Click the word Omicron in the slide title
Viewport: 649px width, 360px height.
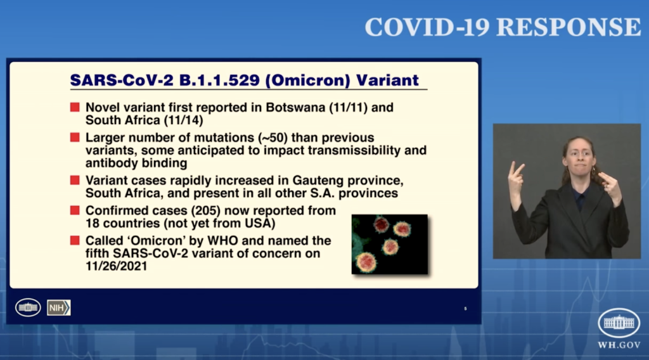(307, 80)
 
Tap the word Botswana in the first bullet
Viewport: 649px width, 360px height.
(295, 107)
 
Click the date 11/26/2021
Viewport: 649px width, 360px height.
(117, 266)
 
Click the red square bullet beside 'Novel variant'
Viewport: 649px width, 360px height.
(75, 107)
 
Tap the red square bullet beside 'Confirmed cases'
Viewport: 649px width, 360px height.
(75, 210)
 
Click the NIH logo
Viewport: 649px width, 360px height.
(59, 307)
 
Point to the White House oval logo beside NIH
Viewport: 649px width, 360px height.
(28, 307)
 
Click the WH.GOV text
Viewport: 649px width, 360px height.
(619, 345)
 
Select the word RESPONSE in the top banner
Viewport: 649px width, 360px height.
(569, 27)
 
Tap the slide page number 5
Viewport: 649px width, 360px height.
(465, 309)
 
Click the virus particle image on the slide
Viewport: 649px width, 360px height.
(390, 244)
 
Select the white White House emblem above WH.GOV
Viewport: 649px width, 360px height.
(619, 323)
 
